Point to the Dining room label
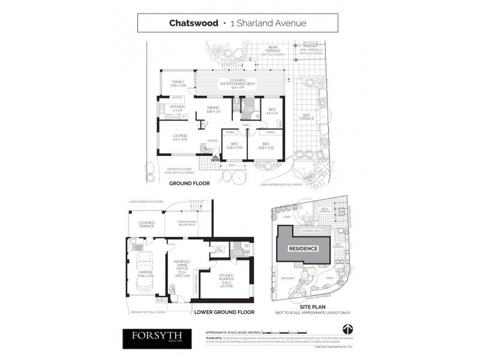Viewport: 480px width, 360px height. click(x=214, y=109)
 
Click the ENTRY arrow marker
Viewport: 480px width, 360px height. click(x=215, y=159)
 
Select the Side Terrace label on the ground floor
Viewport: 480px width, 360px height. click(x=308, y=117)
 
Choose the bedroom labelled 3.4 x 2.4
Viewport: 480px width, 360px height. click(x=271, y=111)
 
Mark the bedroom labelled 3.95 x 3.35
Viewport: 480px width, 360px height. click(x=266, y=146)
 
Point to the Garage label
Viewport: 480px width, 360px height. click(x=145, y=273)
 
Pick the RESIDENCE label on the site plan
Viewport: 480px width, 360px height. click(x=303, y=248)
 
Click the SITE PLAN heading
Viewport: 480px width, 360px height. click(x=311, y=305)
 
